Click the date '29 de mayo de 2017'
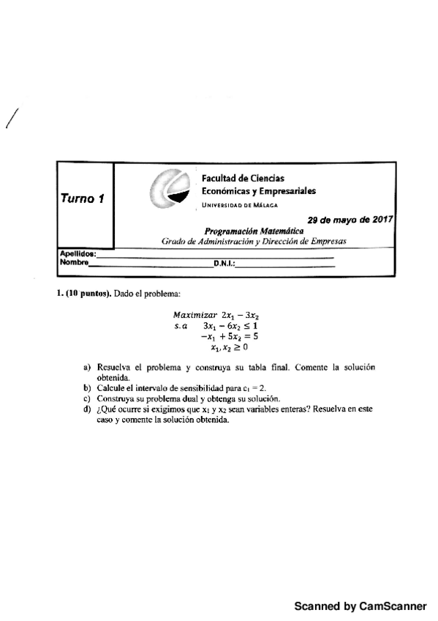pos(350,219)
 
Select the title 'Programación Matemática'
pos(254,229)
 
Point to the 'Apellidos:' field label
pos(75,253)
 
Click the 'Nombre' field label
pos(73,261)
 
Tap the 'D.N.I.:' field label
pos(224,262)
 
